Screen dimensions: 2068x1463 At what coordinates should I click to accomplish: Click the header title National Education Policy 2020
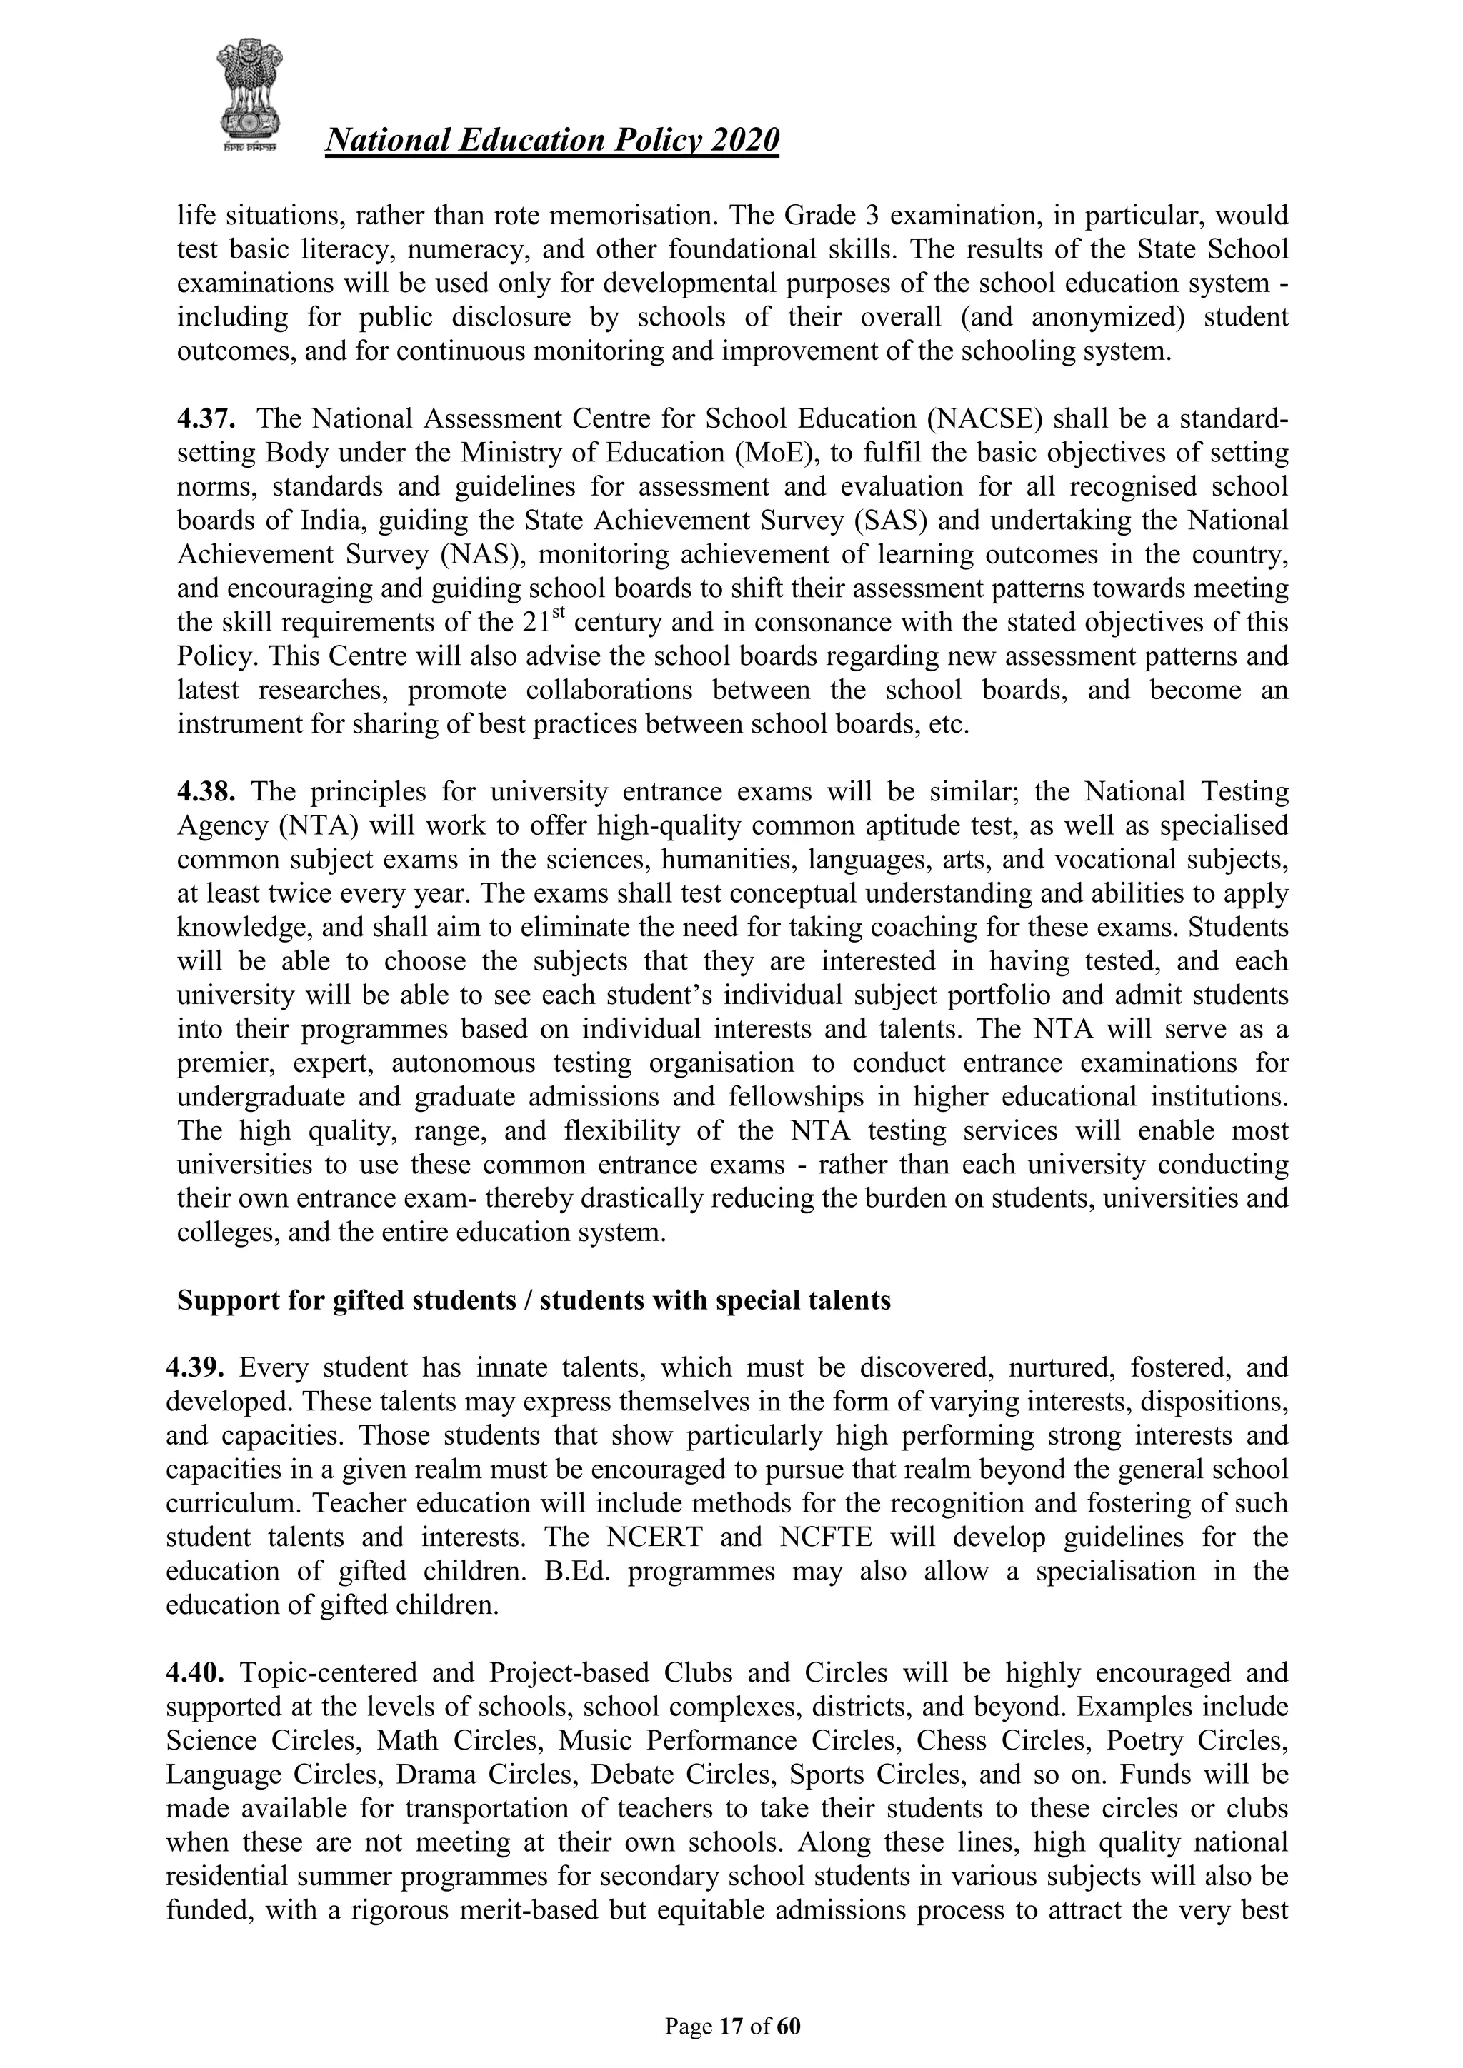click(551, 141)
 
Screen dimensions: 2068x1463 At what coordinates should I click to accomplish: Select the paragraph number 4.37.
click(206, 419)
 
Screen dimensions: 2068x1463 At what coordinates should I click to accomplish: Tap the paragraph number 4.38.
click(206, 792)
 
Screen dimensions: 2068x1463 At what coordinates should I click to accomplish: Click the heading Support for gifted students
click(534, 1300)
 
